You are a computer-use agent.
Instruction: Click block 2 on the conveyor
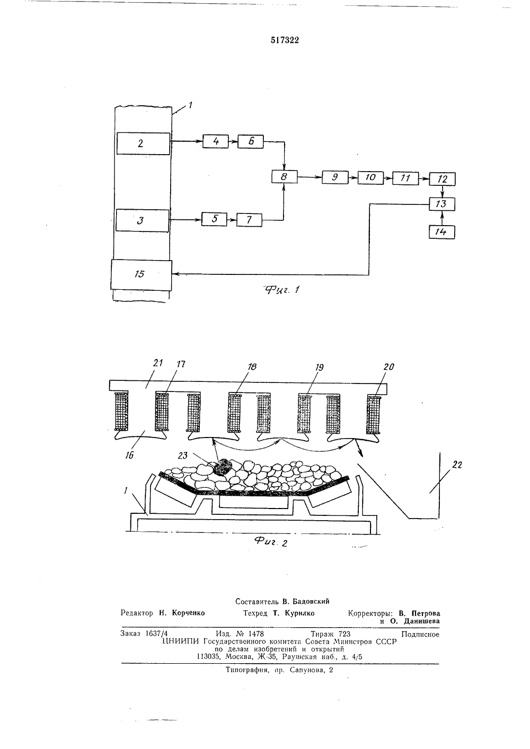pyautogui.click(x=143, y=144)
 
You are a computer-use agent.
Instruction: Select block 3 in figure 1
pyautogui.click(x=142, y=221)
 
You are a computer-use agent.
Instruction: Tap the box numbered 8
pyautogui.click(x=284, y=176)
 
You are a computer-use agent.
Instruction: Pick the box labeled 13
pyautogui.click(x=442, y=204)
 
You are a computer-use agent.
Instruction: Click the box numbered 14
pyautogui.click(x=441, y=232)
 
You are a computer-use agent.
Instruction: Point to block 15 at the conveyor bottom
pyautogui.click(x=141, y=275)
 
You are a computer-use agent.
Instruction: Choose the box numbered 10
pyautogui.click(x=370, y=177)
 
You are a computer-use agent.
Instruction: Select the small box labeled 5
pyautogui.click(x=214, y=219)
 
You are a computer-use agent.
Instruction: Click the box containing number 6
pyautogui.click(x=251, y=141)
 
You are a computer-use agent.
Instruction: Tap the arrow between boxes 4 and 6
pyautogui.click(x=233, y=142)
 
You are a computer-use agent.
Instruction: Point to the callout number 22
pyautogui.click(x=457, y=465)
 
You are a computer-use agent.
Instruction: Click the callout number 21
pyautogui.click(x=157, y=363)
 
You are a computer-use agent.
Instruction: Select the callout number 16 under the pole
pyautogui.click(x=129, y=455)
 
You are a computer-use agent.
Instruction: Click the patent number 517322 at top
pyautogui.click(x=285, y=40)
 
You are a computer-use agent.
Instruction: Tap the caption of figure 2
pyautogui.click(x=271, y=542)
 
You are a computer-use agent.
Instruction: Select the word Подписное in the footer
pyautogui.click(x=420, y=634)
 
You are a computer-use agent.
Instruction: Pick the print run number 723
pyautogui.click(x=344, y=634)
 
